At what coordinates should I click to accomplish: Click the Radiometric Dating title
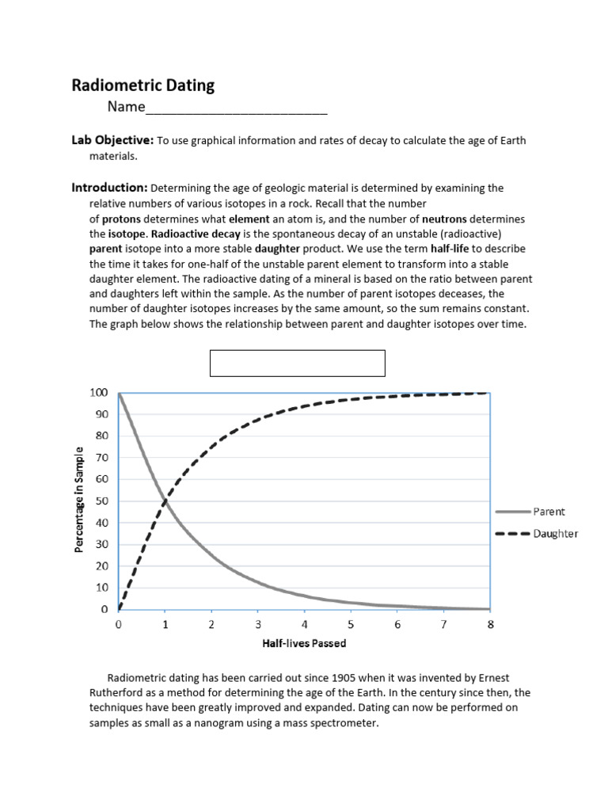pyautogui.click(x=143, y=86)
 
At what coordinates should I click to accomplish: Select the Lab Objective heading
pyautogui.click(x=112, y=140)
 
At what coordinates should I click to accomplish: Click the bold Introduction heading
pyautogui.click(x=110, y=188)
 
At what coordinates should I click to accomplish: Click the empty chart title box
pyautogui.click(x=297, y=363)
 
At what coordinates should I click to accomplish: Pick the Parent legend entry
pyautogui.click(x=530, y=512)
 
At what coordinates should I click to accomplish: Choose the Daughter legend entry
pyautogui.click(x=536, y=534)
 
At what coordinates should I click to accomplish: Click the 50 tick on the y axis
pyautogui.click(x=101, y=501)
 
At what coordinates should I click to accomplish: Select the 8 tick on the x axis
pyautogui.click(x=490, y=625)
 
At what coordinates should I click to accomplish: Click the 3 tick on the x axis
pyautogui.click(x=258, y=625)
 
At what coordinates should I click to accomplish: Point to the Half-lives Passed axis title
pyautogui.click(x=304, y=643)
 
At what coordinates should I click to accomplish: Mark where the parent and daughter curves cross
pyautogui.click(x=165, y=501)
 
